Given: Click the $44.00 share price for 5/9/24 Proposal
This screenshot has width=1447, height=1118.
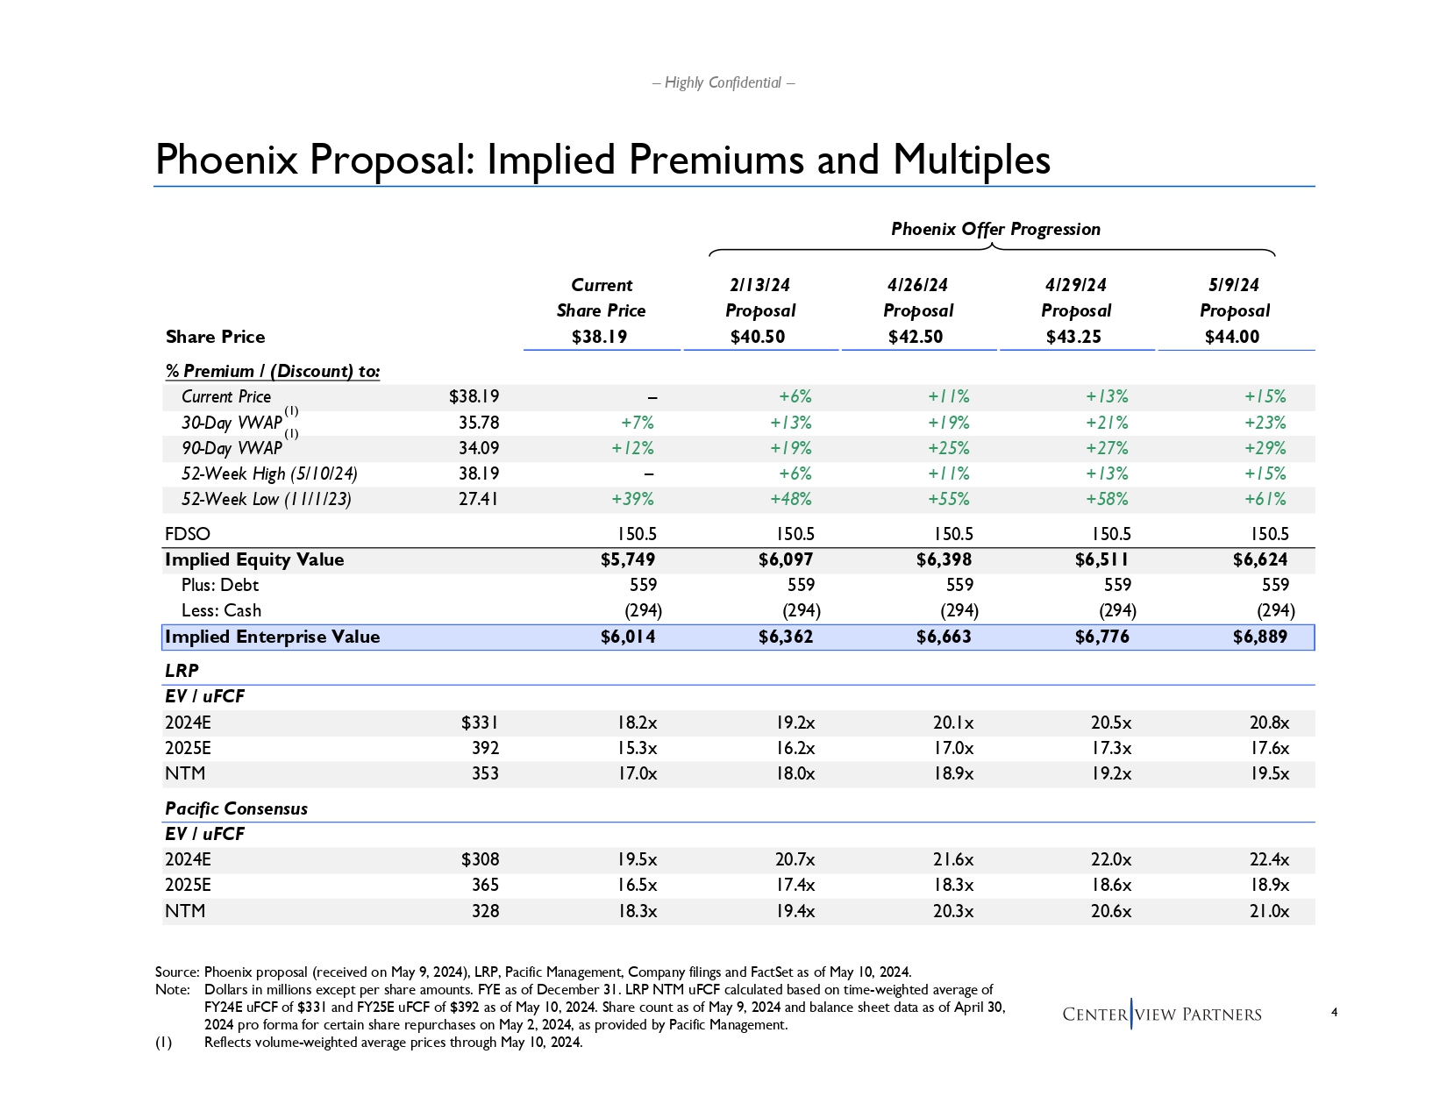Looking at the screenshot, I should click(x=1231, y=337).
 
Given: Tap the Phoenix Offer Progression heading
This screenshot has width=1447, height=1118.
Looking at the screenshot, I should click(x=995, y=229).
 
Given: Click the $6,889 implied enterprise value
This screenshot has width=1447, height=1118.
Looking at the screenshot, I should click(x=1259, y=637).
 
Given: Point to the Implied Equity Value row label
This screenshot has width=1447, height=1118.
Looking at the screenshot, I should click(x=254, y=559).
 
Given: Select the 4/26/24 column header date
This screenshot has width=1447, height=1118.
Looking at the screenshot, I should click(x=917, y=285).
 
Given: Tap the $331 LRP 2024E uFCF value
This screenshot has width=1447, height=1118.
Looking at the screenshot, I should click(x=480, y=723).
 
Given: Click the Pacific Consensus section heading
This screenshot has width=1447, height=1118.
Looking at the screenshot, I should click(x=236, y=808).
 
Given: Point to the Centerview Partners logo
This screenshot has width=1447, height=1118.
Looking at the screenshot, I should click(x=1161, y=1015).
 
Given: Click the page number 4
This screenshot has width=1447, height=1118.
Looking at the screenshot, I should click(x=1334, y=1013).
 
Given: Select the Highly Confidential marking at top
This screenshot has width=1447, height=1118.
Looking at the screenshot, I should click(x=723, y=82).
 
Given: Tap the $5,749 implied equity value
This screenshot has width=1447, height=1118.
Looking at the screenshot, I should click(x=627, y=559).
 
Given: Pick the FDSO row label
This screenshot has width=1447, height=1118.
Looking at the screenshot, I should click(x=188, y=534).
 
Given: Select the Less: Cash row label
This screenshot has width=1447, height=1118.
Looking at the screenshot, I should click(x=221, y=610).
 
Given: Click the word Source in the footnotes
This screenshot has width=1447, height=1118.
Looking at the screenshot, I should click(x=176, y=972).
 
